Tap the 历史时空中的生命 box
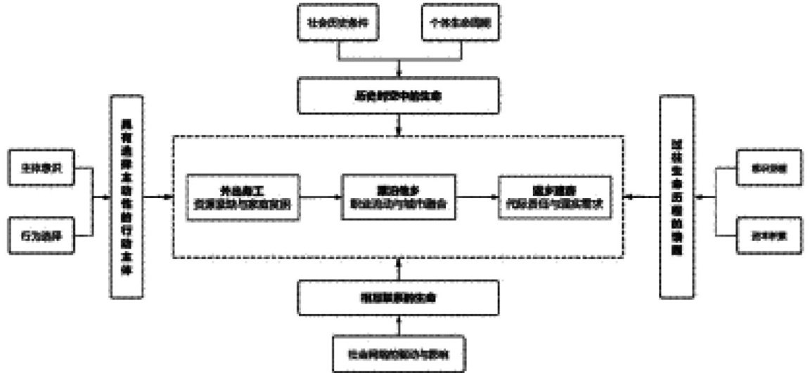pos(399,97)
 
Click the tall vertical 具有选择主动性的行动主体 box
pos(127,197)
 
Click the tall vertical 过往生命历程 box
pos(677,197)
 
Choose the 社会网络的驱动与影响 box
pos(399,355)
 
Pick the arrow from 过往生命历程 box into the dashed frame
pos(642,197)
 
